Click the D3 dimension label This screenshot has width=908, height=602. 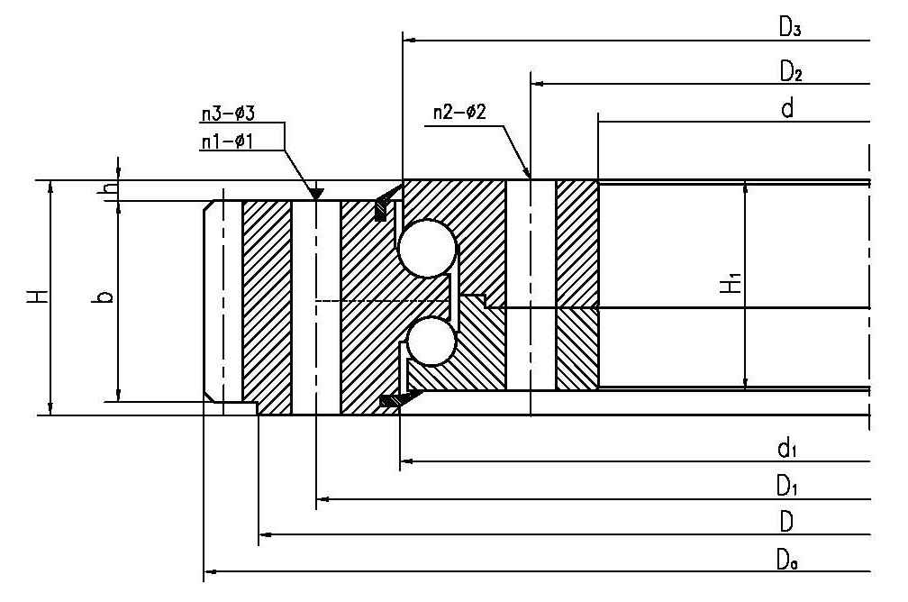[x=790, y=27]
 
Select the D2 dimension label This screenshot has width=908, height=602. [x=790, y=69]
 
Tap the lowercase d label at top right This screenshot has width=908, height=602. [x=786, y=110]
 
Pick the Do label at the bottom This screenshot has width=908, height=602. [x=788, y=560]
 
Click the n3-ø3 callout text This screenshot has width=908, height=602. [x=229, y=114]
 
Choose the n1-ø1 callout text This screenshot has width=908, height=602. [x=229, y=140]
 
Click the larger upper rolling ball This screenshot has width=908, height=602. [x=426, y=248]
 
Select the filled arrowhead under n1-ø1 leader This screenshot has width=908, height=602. [x=316, y=193]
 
